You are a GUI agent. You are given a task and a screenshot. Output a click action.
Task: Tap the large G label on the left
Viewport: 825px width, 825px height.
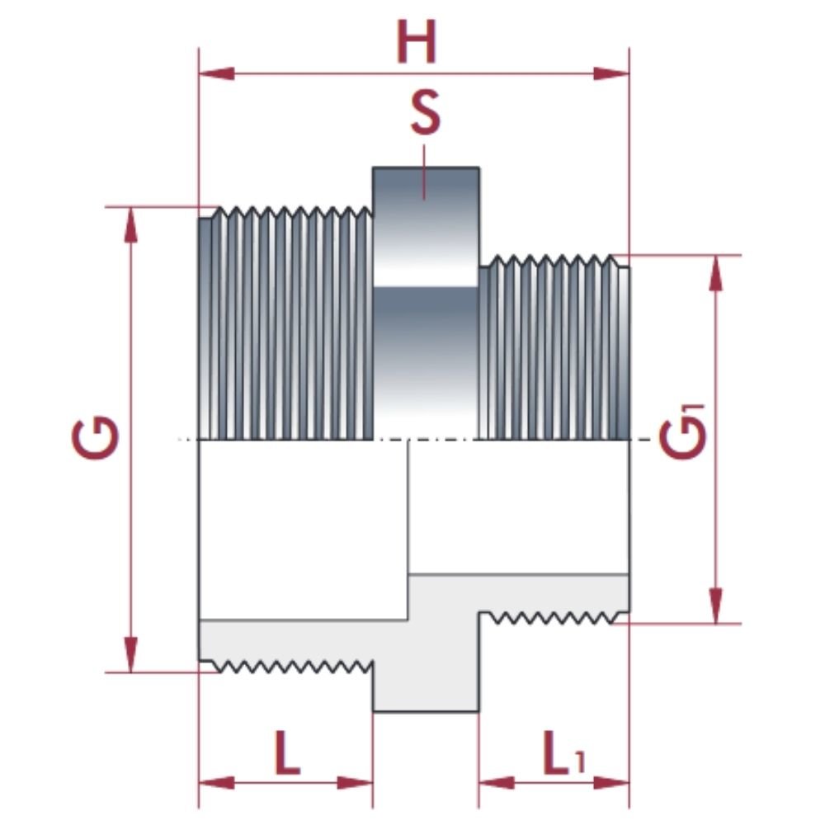(95, 439)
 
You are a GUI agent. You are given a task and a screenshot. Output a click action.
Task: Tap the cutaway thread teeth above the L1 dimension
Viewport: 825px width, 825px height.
(553, 616)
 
